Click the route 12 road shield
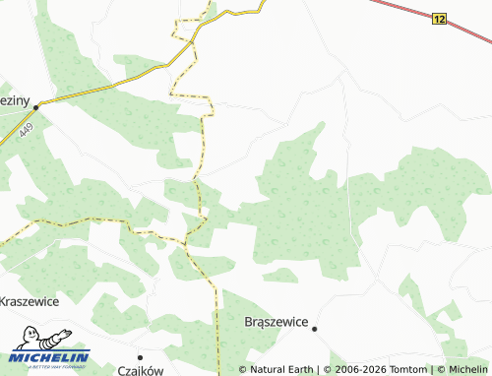click(x=439, y=19)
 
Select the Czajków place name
click(x=140, y=369)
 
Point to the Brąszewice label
click(x=276, y=322)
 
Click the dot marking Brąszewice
click(x=314, y=329)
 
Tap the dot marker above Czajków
click(x=140, y=355)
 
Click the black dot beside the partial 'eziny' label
click(x=34, y=106)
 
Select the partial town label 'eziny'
click(x=14, y=100)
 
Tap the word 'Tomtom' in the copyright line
click(x=403, y=369)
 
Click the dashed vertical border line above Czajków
click(x=215, y=315)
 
